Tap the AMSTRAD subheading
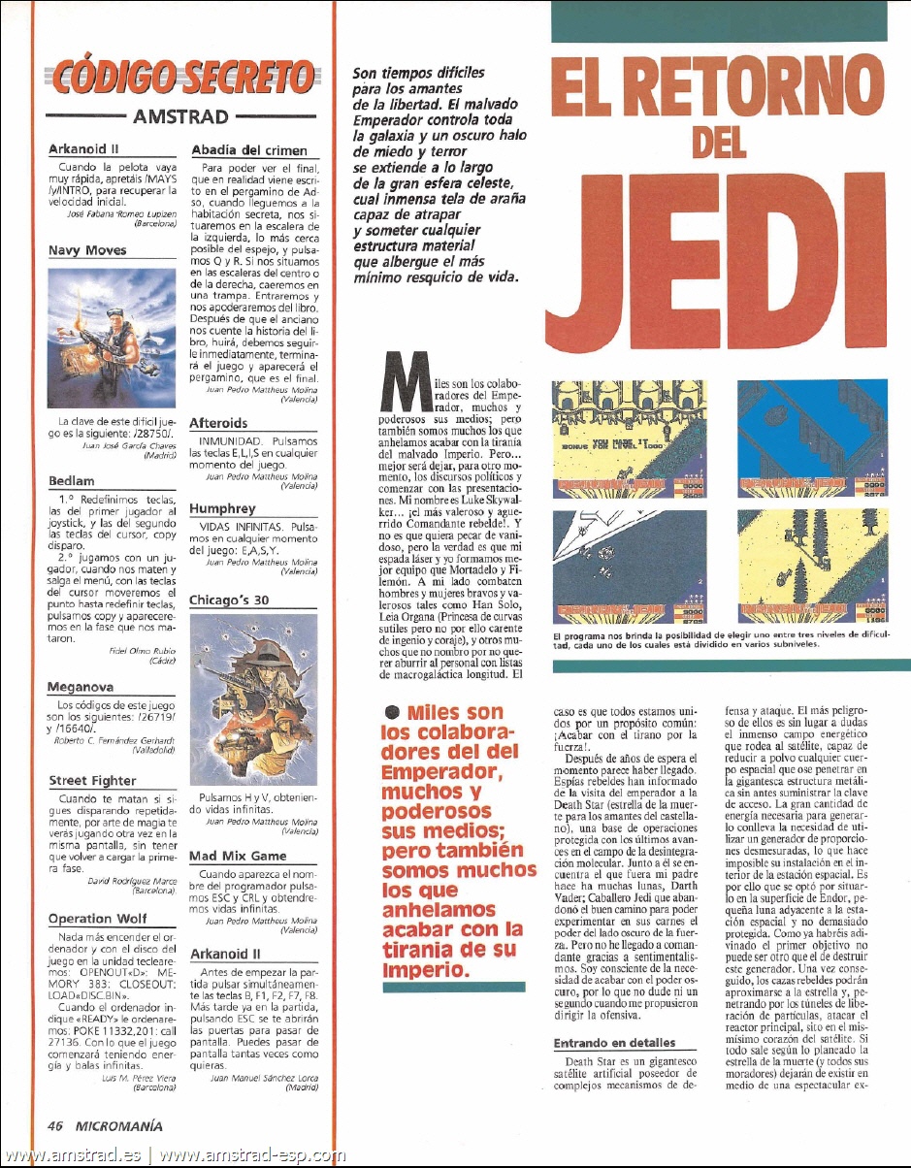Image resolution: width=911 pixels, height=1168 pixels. click(x=181, y=117)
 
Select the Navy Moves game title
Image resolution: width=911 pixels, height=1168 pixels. click(x=87, y=249)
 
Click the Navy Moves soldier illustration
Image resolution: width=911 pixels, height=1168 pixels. click(x=112, y=339)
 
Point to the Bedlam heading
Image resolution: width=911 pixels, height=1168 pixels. click(x=71, y=480)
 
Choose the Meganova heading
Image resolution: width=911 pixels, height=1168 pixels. click(x=81, y=687)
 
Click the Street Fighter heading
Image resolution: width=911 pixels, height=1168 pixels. click(x=92, y=780)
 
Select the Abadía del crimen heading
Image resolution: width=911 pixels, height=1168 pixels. click(x=249, y=150)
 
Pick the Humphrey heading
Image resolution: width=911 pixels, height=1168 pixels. click(x=222, y=508)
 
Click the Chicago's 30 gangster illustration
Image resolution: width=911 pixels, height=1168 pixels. click(x=253, y=698)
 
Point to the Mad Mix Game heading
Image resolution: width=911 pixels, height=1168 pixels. click(x=238, y=856)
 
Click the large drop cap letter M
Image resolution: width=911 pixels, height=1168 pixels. click(x=404, y=384)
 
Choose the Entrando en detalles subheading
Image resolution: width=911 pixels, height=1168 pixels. click(x=613, y=1043)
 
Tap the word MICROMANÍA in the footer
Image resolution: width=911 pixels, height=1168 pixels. click(x=122, y=1126)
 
